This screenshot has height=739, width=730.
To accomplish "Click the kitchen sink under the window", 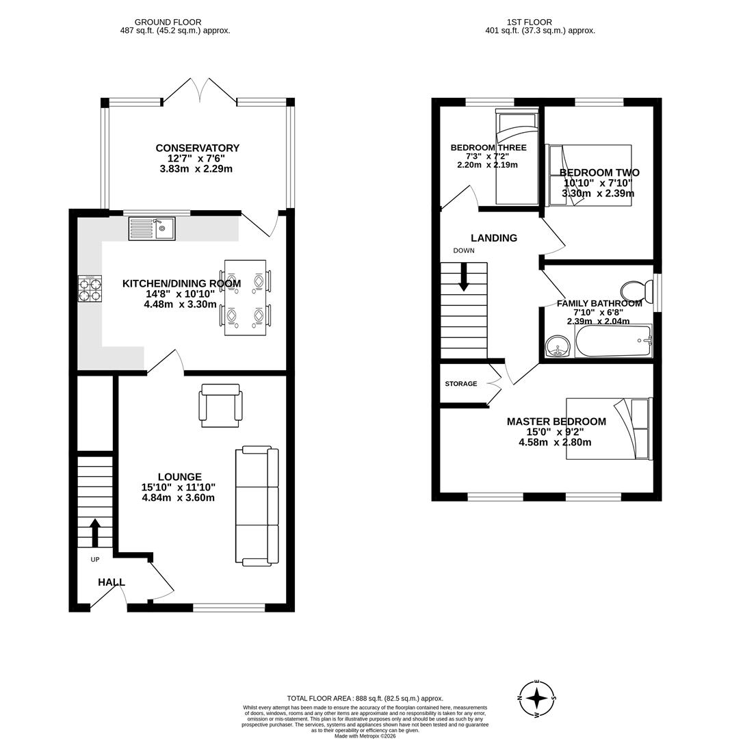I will (152, 229).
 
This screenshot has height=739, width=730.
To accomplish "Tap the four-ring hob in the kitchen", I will (90, 288).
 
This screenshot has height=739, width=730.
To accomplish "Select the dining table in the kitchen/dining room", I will (245, 298).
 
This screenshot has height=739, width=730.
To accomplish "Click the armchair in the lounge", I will (220, 405).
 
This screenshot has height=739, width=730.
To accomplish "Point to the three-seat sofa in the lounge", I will (257, 506).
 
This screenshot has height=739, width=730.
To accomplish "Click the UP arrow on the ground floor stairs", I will (95, 532).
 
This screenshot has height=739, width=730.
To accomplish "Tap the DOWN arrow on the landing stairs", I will (464, 276).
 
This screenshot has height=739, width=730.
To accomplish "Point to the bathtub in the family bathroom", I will (613, 341).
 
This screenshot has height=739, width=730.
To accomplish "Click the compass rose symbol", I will (538, 699).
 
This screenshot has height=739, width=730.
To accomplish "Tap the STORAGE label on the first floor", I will (460, 384).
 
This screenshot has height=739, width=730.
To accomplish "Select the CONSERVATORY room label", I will (197, 148).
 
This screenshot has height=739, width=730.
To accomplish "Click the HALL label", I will (111, 582).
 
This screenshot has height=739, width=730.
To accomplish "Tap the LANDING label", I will (493, 238).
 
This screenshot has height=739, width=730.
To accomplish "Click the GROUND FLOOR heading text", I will (168, 23).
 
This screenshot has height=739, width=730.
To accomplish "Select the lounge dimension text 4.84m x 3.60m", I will (178, 497).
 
